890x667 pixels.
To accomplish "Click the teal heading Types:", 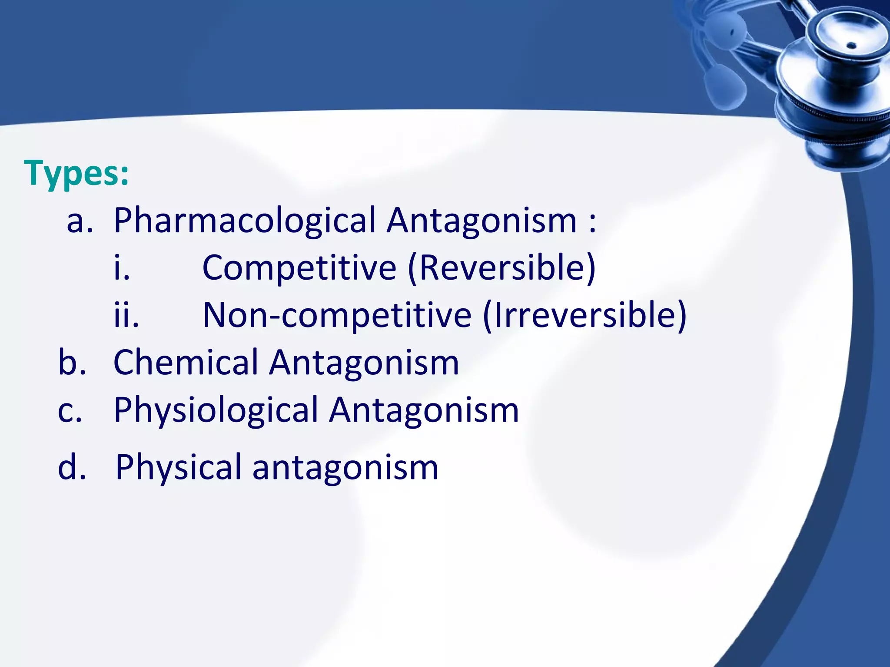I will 76,173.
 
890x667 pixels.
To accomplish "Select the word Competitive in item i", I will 299,268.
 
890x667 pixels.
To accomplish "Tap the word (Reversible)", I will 501,268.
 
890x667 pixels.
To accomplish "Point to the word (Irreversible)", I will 584,315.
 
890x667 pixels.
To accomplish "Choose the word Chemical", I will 186,363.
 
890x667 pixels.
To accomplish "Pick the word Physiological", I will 216,410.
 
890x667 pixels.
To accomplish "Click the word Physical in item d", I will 179,468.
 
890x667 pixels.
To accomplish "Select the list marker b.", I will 72,363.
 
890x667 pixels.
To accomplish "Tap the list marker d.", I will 72,468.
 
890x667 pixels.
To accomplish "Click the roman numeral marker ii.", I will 126,315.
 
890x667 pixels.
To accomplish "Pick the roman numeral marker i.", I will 122,268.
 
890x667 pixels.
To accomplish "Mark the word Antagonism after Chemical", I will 364,363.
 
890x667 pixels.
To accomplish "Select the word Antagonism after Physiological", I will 424,410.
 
